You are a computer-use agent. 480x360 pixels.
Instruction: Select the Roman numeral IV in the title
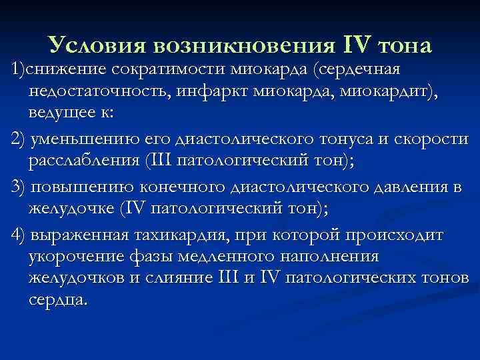[357, 45]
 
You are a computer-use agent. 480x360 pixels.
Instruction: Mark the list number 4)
[17, 237]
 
